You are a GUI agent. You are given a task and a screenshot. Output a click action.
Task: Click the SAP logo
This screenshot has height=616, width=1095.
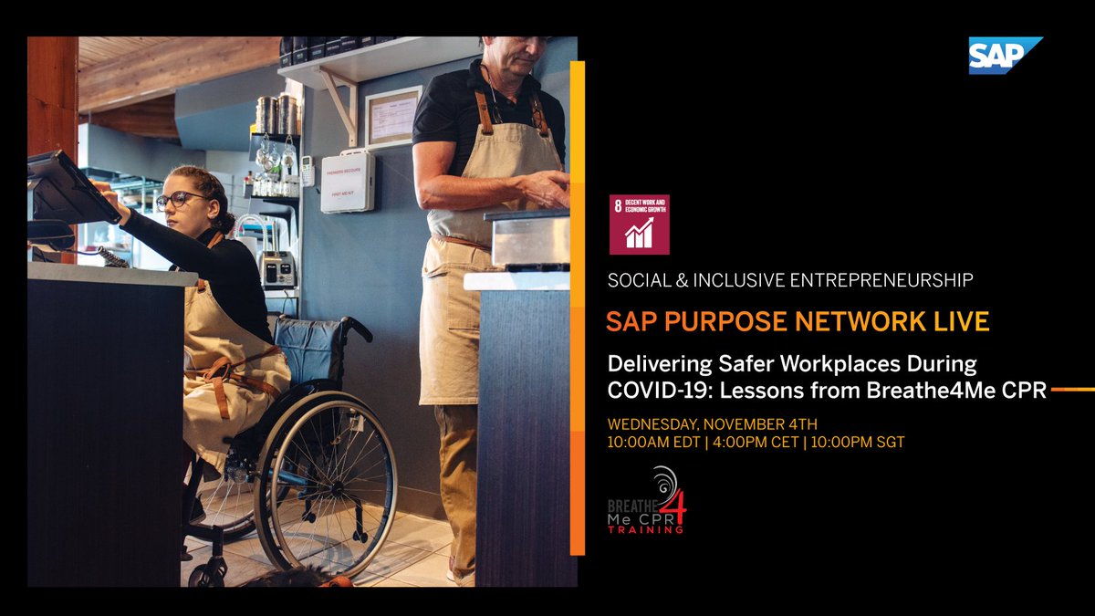coord(1004,55)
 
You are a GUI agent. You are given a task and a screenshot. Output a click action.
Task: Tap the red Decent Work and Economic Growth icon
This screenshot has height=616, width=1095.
coord(639,224)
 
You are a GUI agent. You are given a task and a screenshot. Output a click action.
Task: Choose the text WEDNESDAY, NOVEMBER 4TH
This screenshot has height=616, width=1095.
coord(713,423)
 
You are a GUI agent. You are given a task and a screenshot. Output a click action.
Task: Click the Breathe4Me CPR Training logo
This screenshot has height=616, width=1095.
coord(647,502)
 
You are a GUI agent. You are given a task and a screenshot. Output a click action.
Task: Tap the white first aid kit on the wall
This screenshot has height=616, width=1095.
coord(348,181)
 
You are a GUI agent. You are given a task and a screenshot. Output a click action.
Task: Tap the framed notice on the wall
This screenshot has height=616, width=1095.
coord(393,117)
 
